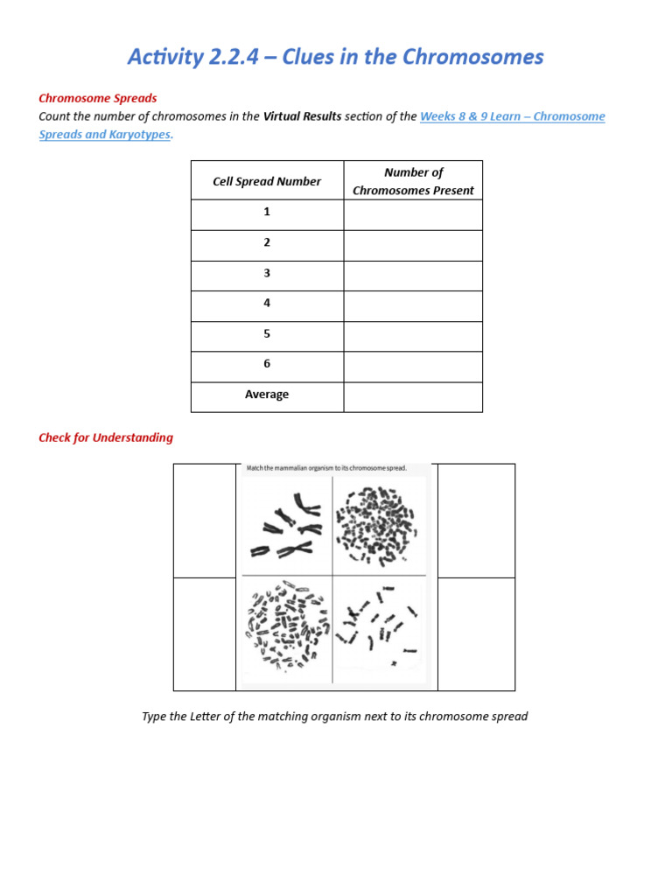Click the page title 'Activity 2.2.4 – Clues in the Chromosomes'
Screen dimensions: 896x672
pyautogui.click(x=335, y=58)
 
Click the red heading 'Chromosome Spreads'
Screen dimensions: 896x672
pyautogui.click(x=98, y=98)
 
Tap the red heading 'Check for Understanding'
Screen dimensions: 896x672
pyautogui.click(x=106, y=437)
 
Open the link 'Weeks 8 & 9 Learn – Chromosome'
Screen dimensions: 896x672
pyautogui.click(x=513, y=116)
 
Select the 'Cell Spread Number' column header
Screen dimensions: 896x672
pyautogui.click(x=267, y=181)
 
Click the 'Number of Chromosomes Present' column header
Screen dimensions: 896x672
pyautogui.click(x=413, y=181)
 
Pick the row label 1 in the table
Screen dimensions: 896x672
pyautogui.click(x=267, y=213)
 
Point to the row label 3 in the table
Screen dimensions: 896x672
pyautogui.click(x=267, y=273)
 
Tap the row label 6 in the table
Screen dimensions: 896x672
pyautogui.click(x=267, y=364)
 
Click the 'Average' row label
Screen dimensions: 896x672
pyautogui.click(x=267, y=395)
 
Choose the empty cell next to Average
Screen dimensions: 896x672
pyautogui.click(x=413, y=395)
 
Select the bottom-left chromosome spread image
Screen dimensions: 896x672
pyautogui.click(x=285, y=626)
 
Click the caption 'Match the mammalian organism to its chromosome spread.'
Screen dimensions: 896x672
pyautogui.click(x=326, y=469)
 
